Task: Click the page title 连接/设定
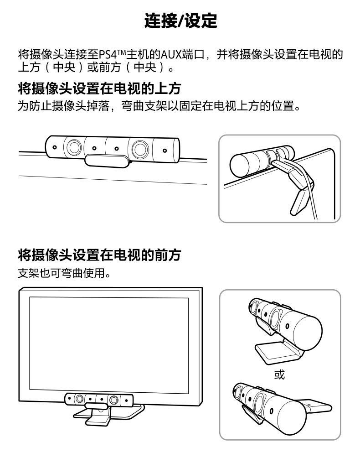click(180, 21)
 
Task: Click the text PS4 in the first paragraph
click(108, 55)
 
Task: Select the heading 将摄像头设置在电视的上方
click(99, 88)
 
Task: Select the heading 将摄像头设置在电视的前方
click(99, 255)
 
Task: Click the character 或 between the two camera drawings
click(279, 375)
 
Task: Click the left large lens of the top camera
click(74, 147)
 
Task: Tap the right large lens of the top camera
click(140, 149)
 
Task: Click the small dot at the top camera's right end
click(165, 151)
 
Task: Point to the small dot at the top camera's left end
click(55, 146)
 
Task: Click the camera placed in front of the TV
click(99, 400)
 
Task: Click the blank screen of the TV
click(109, 345)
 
